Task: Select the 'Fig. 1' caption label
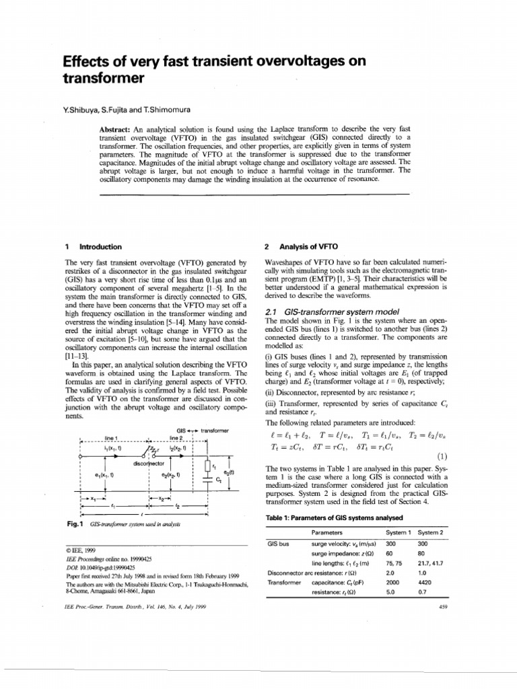[71, 523]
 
